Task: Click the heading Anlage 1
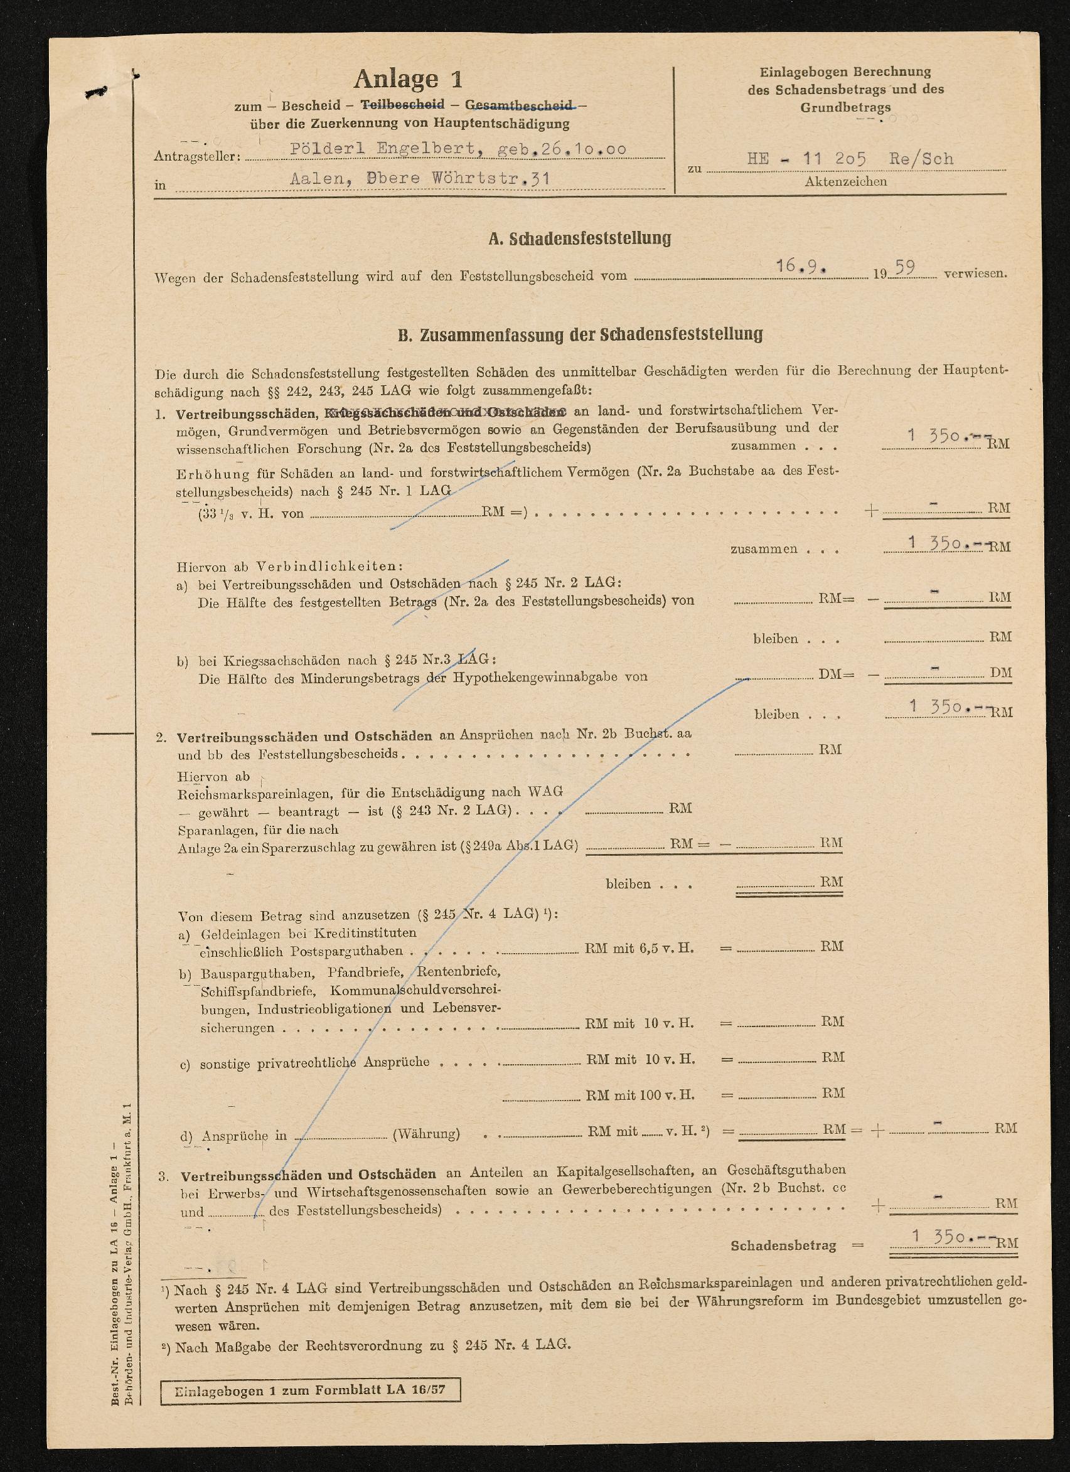click(x=408, y=79)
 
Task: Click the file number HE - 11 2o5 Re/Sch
click(x=850, y=159)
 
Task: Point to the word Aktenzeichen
click(x=845, y=182)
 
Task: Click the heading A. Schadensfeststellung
click(x=580, y=238)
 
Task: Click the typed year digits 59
click(x=905, y=267)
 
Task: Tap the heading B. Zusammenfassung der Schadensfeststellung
click(x=580, y=335)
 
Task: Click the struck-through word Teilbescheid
click(x=402, y=105)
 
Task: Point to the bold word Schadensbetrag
click(x=783, y=1245)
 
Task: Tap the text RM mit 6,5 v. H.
click(x=639, y=948)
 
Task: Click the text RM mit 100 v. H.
click(x=640, y=1095)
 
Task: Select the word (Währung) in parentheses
click(x=426, y=1134)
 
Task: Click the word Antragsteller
click(x=196, y=156)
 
